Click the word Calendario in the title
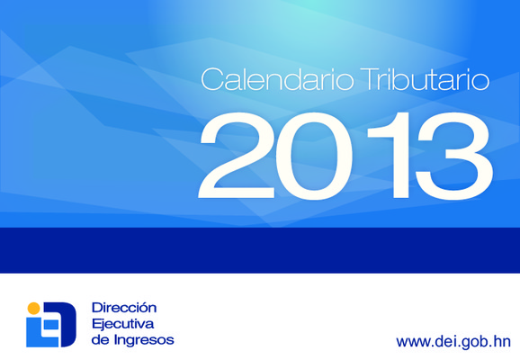tap(277, 79)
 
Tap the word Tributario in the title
tap(425, 79)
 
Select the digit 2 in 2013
tap(237, 156)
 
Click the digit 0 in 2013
tap(314, 157)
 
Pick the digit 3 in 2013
tap(454, 157)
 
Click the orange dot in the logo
tap(33, 308)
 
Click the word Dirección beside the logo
tap(124, 308)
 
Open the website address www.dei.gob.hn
tap(453, 342)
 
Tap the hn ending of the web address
tap(502, 341)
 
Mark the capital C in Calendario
tap(212, 79)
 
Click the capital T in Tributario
tap(370, 79)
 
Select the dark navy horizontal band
tap(260, 250)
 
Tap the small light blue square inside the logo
tap(51, 325)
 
